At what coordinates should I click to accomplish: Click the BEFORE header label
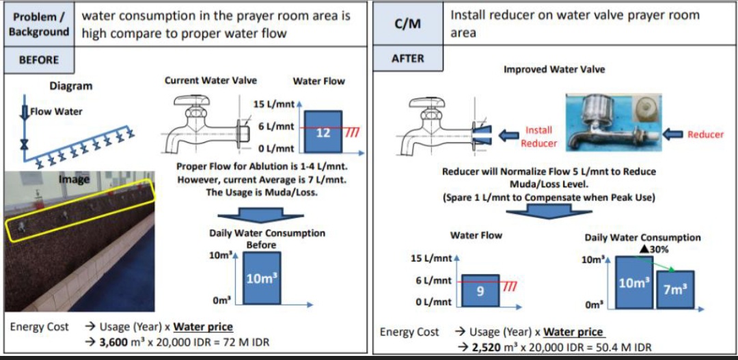(39, 59)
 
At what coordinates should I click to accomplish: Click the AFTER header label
(408, 59)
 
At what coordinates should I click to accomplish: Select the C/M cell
(408, 24)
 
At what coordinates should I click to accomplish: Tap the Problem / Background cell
(39, 24)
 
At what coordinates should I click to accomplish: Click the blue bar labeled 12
(323, 133)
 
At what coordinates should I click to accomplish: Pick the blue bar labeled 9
(480, 290)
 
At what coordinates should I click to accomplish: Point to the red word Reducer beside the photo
(705, 135)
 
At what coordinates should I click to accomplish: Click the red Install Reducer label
(538, 137)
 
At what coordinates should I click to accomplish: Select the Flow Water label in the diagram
(56, 111)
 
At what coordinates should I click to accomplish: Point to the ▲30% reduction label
(654, 249)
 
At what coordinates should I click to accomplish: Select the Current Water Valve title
(210, 80)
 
